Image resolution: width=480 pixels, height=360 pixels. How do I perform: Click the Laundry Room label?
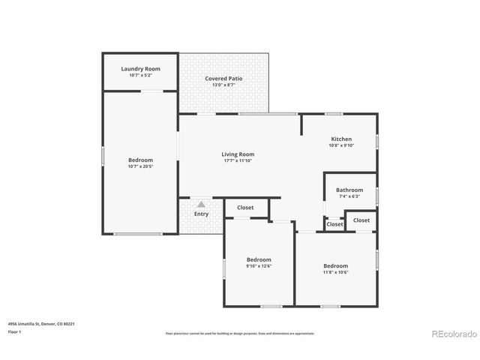(x=140, y=69)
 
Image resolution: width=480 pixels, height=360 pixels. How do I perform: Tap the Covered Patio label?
(x=223, y=79)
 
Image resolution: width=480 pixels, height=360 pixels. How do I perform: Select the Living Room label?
(x=238, y=154)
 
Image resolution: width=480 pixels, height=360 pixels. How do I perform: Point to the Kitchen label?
(x=341, y=139)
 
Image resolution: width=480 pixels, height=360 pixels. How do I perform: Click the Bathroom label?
(x=349, y=190)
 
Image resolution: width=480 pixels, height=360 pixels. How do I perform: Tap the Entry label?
(x=201, y=214)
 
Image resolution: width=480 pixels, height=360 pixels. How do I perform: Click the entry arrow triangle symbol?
(x=201, y=203)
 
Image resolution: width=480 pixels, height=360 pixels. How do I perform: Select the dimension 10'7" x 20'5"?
(x=140, y=166)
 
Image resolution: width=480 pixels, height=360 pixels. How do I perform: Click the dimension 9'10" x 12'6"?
(x=258, y=265)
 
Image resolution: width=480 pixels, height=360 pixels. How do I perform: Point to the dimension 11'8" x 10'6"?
(x=335, y=272)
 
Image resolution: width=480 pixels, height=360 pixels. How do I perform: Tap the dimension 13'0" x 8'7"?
(x=223, y=85)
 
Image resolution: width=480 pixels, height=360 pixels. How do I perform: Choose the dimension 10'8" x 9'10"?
(x=341, y=146)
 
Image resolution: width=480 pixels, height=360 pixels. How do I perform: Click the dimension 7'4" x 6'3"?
(x=349, y=196)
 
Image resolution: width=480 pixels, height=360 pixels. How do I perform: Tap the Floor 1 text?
(x=14, y=331)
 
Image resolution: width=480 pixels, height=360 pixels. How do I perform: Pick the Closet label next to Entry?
(x=245, y=208)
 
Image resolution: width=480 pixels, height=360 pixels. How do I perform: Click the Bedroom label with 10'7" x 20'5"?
(x=140, y=160)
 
